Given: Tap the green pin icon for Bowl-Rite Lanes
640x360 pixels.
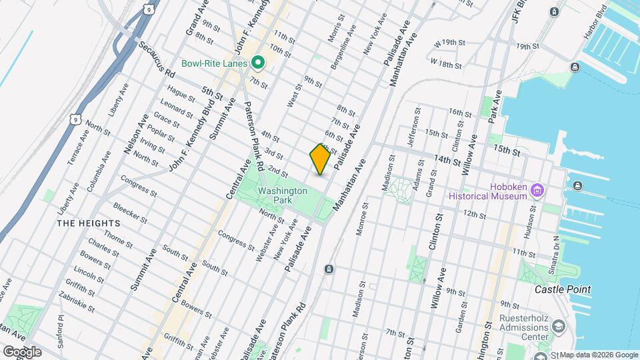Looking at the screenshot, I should pyautogui.click(x=258, y=63).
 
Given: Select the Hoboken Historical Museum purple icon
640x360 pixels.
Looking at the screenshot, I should pyautogui.click(x=537, y=192).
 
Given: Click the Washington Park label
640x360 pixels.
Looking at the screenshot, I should pyautogui.click(x=283, y=195).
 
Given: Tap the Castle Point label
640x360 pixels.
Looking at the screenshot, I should pyautogui.click(x=563, y=290).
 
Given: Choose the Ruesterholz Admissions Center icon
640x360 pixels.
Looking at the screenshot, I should pyautogui.click(x=558, y=327).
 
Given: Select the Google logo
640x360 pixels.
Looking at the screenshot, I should pyautogui.click(x=22, y=351).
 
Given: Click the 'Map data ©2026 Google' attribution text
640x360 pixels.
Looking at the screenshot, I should pyautogui.click(x=598, y=355).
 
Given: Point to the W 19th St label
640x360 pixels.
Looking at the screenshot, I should pyautogui.click(x=449, y=43).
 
